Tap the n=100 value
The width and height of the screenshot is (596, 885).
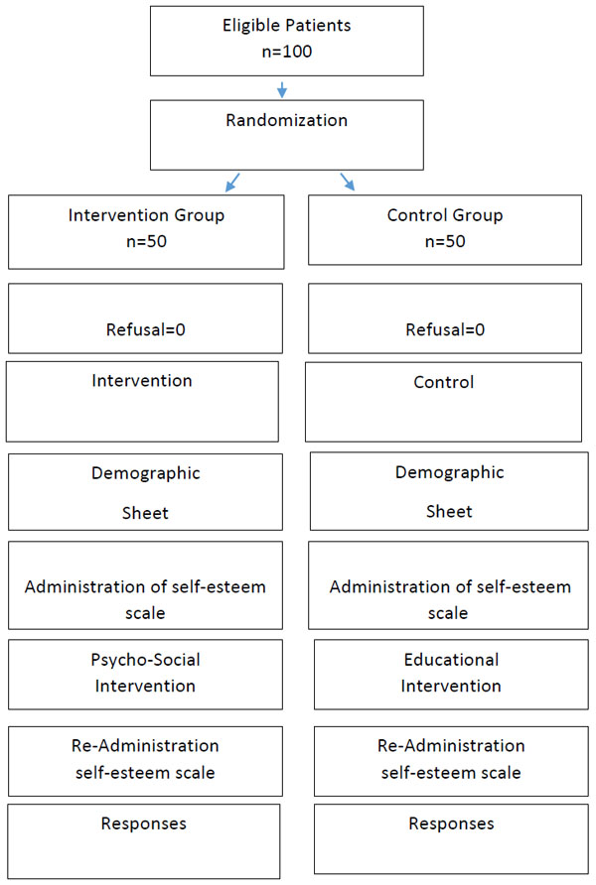[286, 52]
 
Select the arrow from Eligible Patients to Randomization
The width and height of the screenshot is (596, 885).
[282, 89]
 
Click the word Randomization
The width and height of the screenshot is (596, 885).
[286, 120]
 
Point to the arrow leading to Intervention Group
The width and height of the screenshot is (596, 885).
[232, 183]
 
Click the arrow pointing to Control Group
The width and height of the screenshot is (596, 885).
[347, 182]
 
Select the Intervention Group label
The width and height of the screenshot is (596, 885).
[146, 215]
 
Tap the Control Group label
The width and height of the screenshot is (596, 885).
[445, 215]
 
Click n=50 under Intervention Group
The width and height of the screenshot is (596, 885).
[146, 241]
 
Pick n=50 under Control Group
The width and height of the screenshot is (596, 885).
[445, 241]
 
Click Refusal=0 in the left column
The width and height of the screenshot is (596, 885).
[146, 329]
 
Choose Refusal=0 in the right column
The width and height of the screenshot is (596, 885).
[445, 329]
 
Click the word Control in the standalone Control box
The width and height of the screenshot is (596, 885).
[443, 382]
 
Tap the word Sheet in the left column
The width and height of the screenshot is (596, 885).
[145, 513]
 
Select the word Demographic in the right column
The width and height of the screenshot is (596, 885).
[449, 473]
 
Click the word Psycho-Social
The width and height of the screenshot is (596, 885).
[145, 660]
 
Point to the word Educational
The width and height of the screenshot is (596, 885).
[451, 660]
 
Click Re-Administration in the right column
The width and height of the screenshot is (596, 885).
[451, 745]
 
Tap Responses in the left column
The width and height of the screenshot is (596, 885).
[143, 824]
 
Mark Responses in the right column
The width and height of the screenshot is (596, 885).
[451, 824]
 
